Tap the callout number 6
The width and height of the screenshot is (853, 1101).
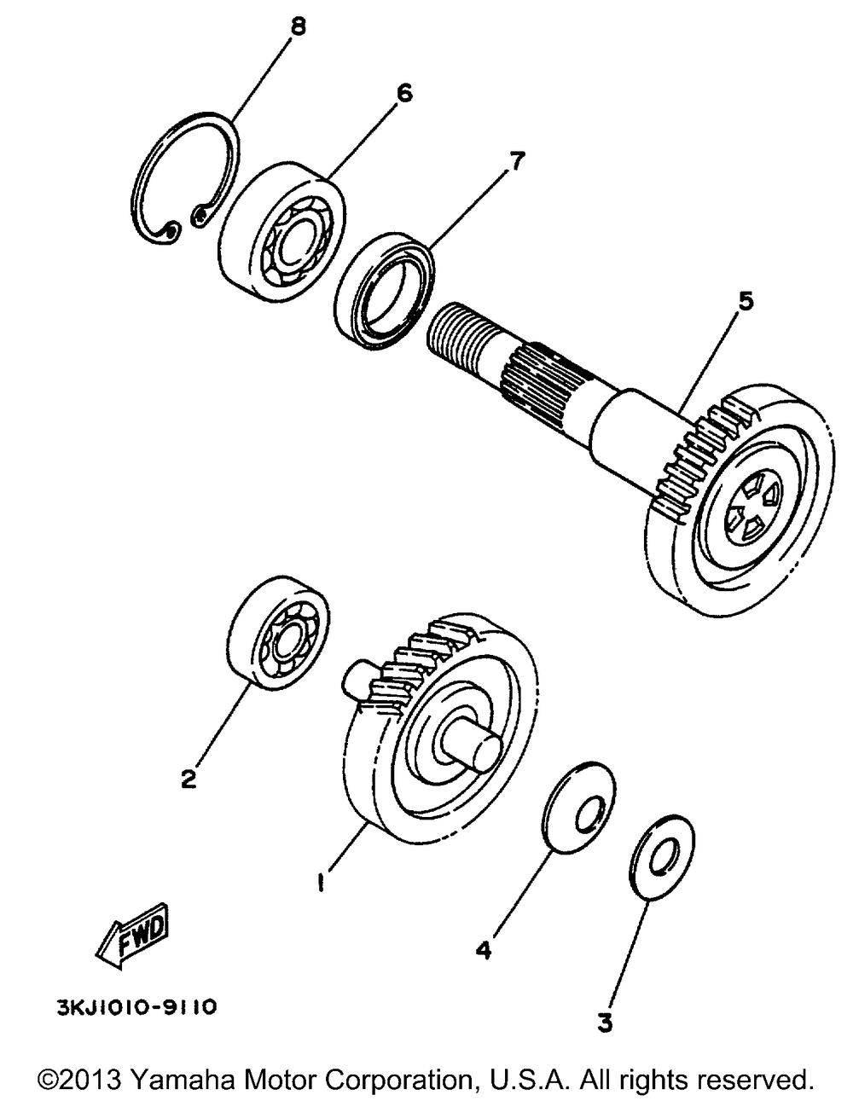pyautogui.click(x=403, y=93)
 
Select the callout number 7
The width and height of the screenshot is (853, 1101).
pyautogui.click(x=518, y=160)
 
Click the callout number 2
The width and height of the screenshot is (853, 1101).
pyautogui.click(x=189, y=778)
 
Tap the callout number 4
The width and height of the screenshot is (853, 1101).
pyautogui.click(x=484, y=949)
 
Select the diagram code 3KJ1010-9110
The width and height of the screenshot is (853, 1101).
pyautogui.click(x=136, y=1007)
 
